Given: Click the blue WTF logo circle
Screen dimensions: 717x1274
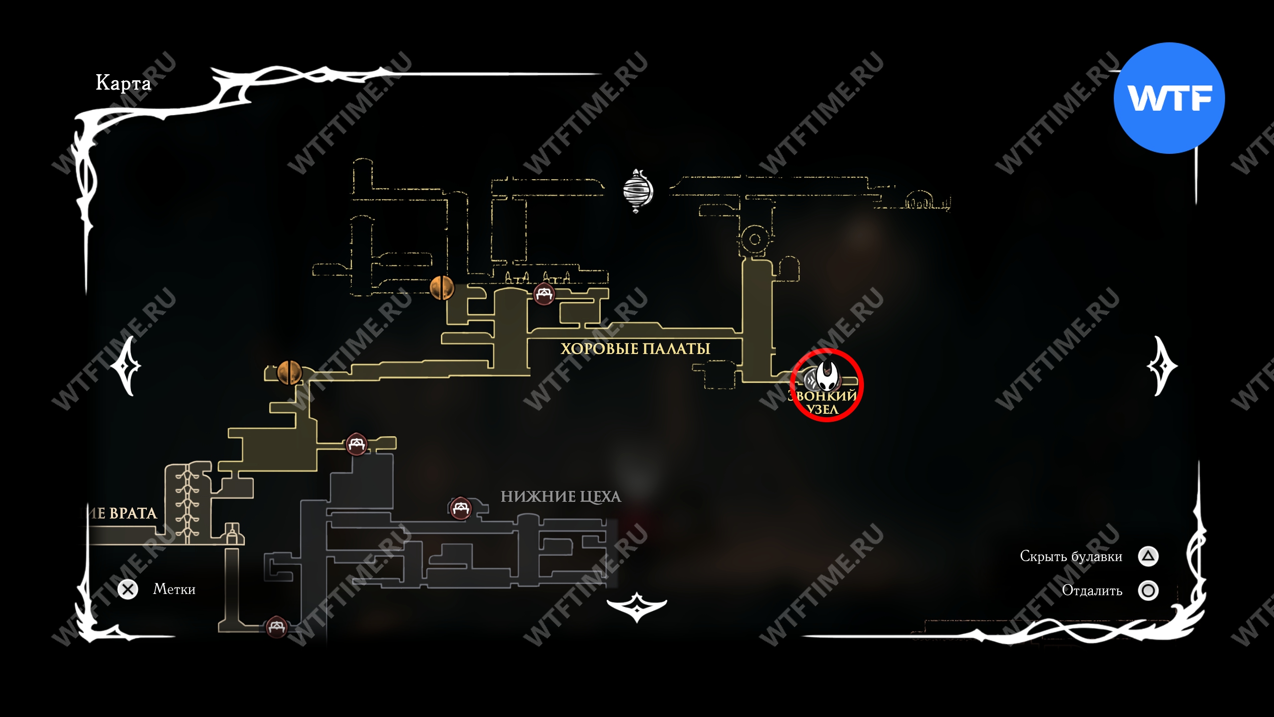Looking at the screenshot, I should tap(1169, 98).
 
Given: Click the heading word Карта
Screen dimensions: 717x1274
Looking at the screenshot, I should tap(123, 83).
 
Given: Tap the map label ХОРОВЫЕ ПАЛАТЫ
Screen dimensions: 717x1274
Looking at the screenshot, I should tap(635, 349).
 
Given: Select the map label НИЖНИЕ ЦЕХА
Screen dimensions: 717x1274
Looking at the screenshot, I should tap(561, 496).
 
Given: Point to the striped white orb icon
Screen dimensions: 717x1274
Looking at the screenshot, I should tap(637, 191).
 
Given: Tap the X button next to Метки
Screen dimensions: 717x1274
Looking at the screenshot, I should tap(128, 590).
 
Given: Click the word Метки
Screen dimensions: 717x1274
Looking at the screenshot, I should tap(174, 590).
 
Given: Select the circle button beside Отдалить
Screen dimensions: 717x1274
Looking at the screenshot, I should tap(1148, 591).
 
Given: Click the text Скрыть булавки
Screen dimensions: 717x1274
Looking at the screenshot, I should tap(1071, 556).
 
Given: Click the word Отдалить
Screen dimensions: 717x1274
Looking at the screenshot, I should tap(1092, 591).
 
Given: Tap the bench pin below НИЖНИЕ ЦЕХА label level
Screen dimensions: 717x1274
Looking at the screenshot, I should tap(460, 508).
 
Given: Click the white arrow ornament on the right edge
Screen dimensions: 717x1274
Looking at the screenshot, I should tap(1162, 366).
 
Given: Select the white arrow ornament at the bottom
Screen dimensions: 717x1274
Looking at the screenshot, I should tap(637, 606).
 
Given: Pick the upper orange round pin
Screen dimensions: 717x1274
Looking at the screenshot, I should tap(441, 288).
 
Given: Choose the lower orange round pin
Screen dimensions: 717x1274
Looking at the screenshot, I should tap(289, 372).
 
